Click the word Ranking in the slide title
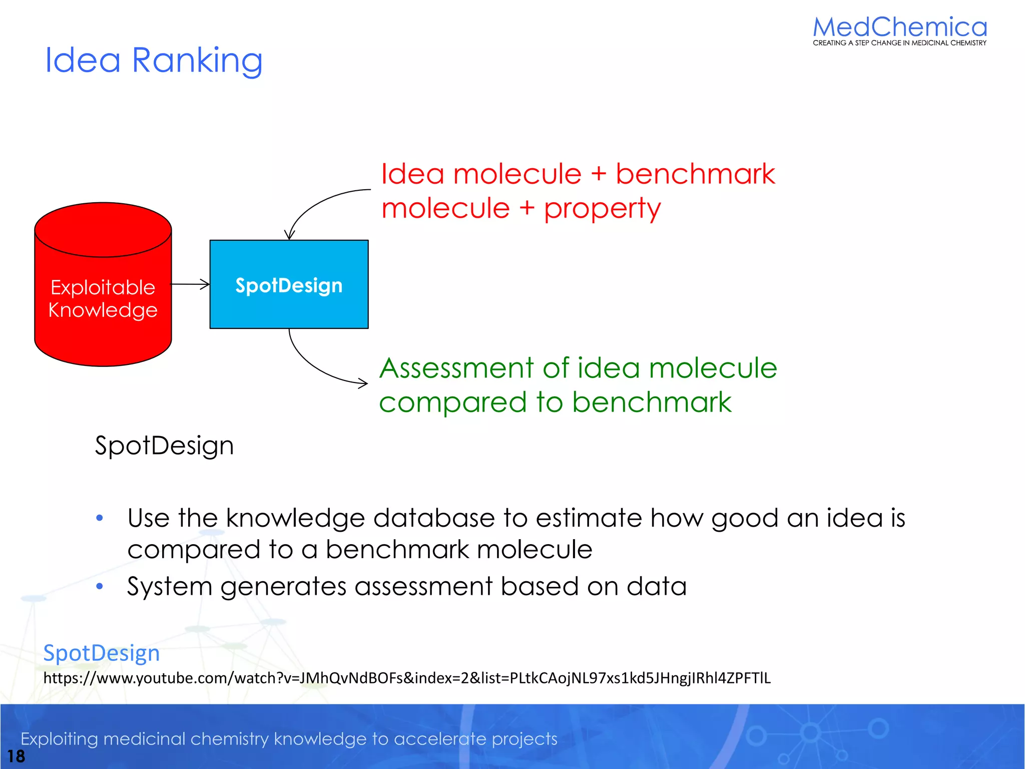(197, 61)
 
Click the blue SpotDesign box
(289, 284)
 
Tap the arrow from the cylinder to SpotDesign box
(191, 284)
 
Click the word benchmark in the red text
(695, 174)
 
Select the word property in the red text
(602, 209)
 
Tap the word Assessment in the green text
(456, 368)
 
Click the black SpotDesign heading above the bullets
(164, 446)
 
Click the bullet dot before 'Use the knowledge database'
(100, 518)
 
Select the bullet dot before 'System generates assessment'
(100, 586)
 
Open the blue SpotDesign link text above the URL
(102, 653)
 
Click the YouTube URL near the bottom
(406, 678)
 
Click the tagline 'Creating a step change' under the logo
(899, 43)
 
